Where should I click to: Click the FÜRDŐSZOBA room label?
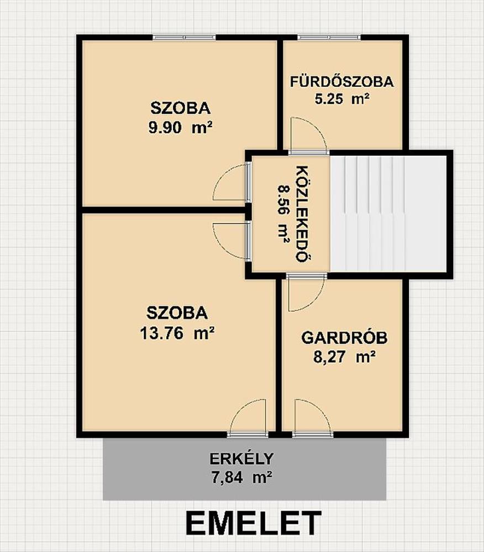[341, 82]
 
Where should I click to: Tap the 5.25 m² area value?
[341, 99]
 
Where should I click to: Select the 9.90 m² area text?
[180, 127]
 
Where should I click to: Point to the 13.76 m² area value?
[177, 333]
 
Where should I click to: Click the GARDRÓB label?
[344, 338]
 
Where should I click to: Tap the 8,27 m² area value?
[344, 357]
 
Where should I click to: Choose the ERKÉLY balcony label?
[241, 459]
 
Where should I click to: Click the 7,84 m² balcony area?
[241, 477]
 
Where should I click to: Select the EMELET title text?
[253, 523]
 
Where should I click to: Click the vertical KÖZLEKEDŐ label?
[302, 214]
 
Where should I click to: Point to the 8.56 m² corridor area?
[283, 214]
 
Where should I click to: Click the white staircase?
[388, 214]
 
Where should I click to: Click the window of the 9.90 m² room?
[184, 38]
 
